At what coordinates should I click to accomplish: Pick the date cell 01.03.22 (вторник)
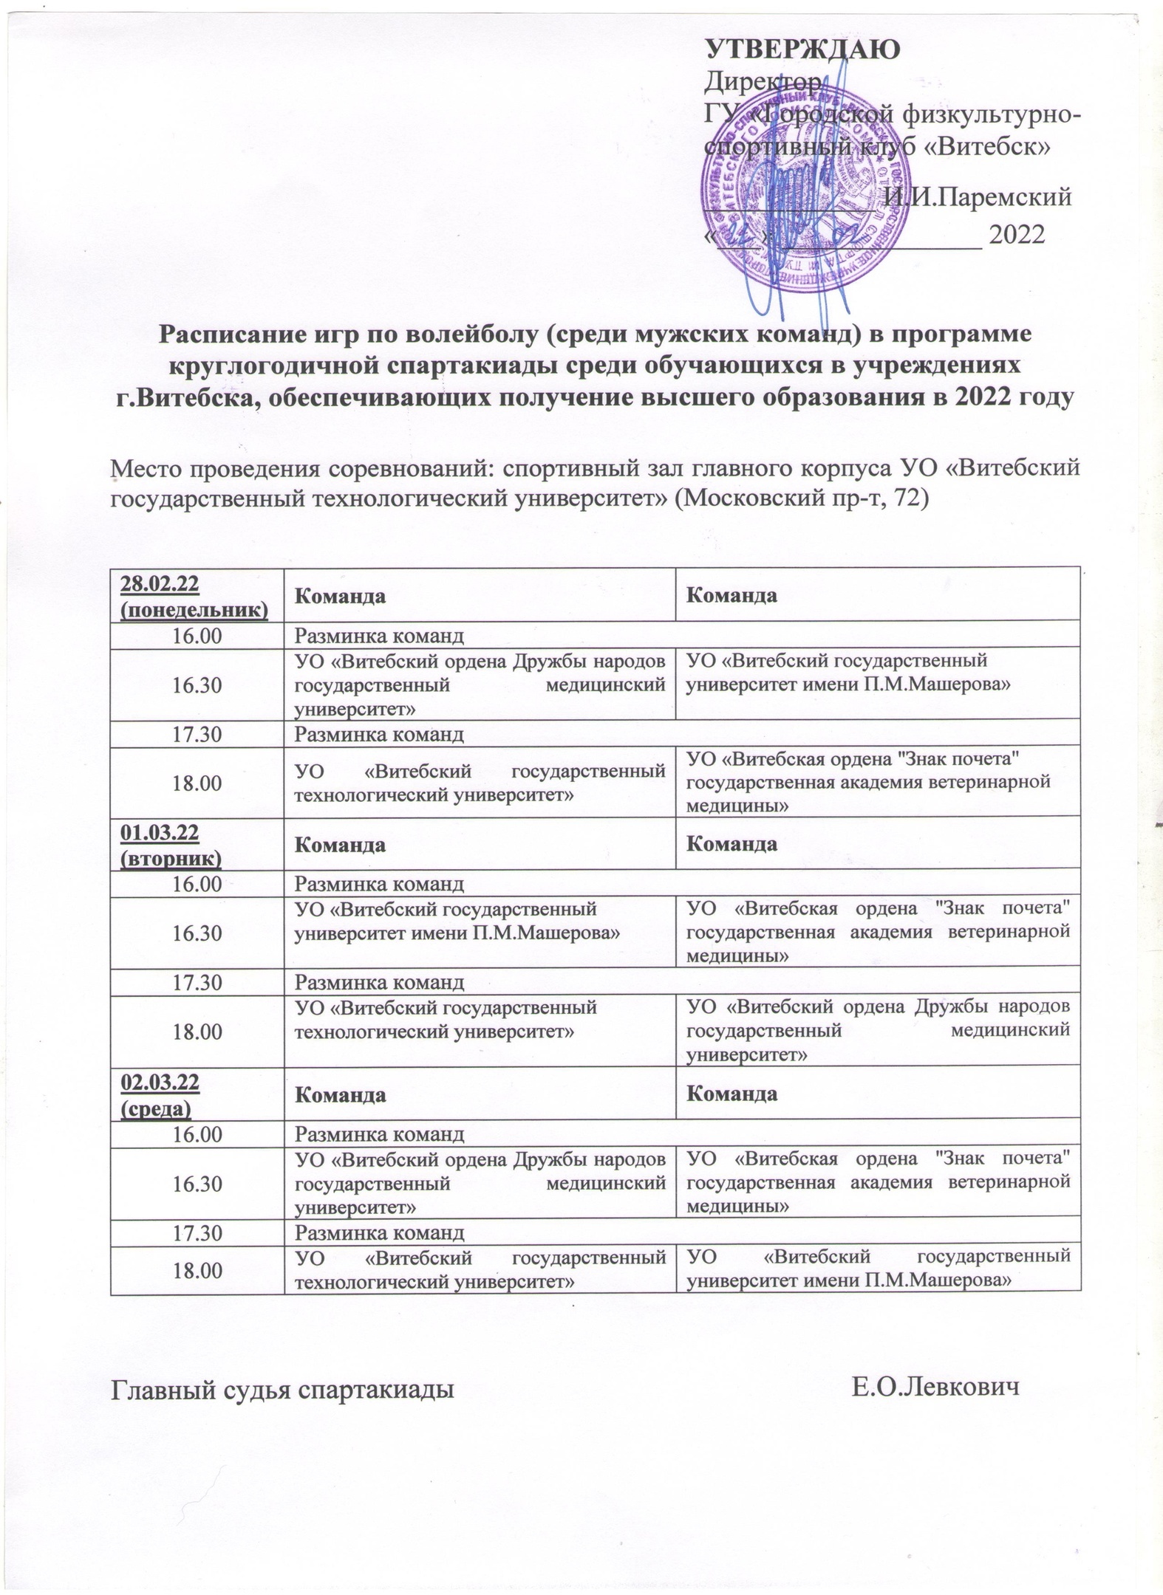[x=197, y=843]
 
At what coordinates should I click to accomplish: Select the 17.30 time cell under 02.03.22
[x=197, y=1232]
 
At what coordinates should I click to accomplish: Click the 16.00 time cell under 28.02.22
[x=197, y=635]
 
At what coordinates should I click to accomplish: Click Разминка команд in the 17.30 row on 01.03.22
[x=380, y=982]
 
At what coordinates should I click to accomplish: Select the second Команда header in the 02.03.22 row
[x=731, y=1094]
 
